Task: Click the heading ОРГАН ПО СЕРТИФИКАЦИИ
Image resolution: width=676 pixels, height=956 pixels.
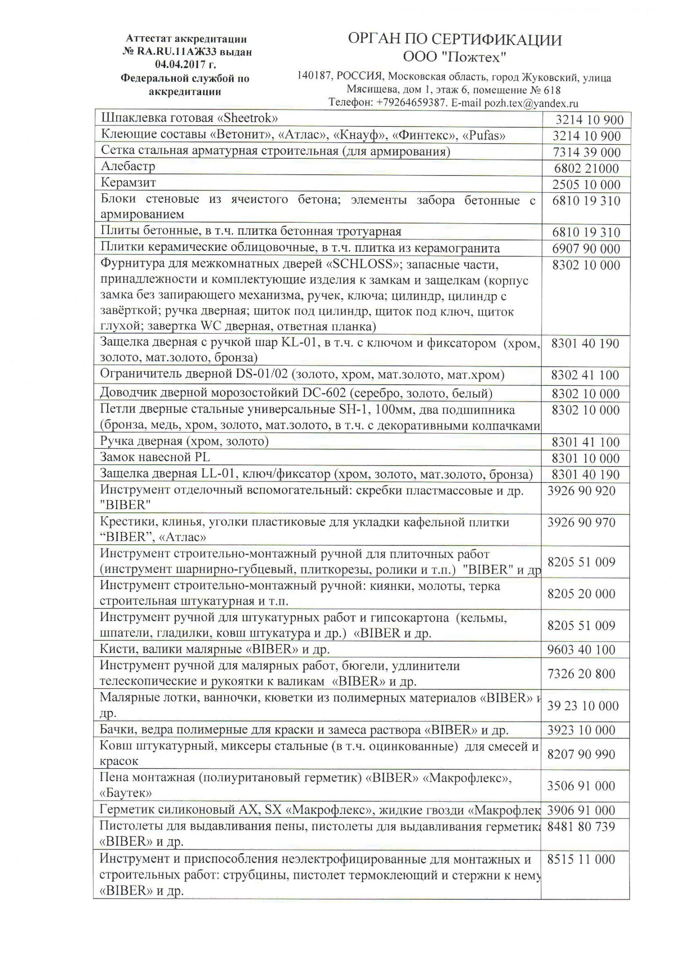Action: (454, 40)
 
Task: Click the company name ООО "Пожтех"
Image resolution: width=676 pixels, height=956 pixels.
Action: (454, 57)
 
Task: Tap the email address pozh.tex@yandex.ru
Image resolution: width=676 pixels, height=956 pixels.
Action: (531, 103)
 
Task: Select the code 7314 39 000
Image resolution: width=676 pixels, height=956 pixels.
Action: (586, 152)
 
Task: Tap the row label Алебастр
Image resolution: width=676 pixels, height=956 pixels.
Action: (128, 167)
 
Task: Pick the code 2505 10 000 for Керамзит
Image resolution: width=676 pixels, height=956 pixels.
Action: (586, 185)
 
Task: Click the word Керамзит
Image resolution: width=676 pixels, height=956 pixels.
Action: (128, 183)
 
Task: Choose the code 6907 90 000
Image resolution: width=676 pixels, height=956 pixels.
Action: (586, 249)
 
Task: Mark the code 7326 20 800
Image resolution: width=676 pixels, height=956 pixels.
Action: (581, 674)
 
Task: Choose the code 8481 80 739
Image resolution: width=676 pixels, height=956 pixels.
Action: (581, 826)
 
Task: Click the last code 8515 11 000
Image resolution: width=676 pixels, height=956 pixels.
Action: (581, 859)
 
